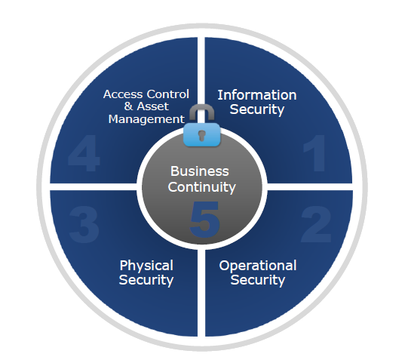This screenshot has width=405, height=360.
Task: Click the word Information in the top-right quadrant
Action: pyautogui.click(x=257, y=95)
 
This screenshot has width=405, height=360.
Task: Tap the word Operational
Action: pyautogui.click(x=258, y=266)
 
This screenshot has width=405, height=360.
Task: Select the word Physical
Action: pyautogui.click(x=146, y=266)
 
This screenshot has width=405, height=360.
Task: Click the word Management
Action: pyautogui.click(x=146, y=119)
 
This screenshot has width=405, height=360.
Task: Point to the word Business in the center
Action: pyautogui.click(x=200, y=171)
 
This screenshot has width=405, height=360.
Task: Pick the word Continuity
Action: pyautogui.click(x=201, y=187)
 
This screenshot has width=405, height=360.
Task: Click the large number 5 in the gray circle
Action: pyautogui.click(x=204, y=219)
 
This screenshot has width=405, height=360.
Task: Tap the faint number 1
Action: pyautogui.click(x=314, y=153)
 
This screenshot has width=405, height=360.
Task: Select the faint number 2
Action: pyautogui.click(x=316, y=224)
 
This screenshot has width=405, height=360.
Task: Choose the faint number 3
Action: pyautogui.click(x=84, y=225)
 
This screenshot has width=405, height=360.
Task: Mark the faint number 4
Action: pyautogui.click(x=84, y=153)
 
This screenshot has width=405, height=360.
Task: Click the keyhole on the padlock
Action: pyautogui.click(x=201, y=135)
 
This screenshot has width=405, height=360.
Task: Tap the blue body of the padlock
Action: pyautogui.click(x=201, y=134)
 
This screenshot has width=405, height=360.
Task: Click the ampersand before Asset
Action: pyautogui.click(x=128, y=106)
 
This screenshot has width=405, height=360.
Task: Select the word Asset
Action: pyautogui.click(x=152, y=106)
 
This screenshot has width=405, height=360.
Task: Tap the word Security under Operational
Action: pyautogui.click(x=258, y=281)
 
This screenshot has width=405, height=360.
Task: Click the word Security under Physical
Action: pyautogui.click(x=146, y=281)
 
